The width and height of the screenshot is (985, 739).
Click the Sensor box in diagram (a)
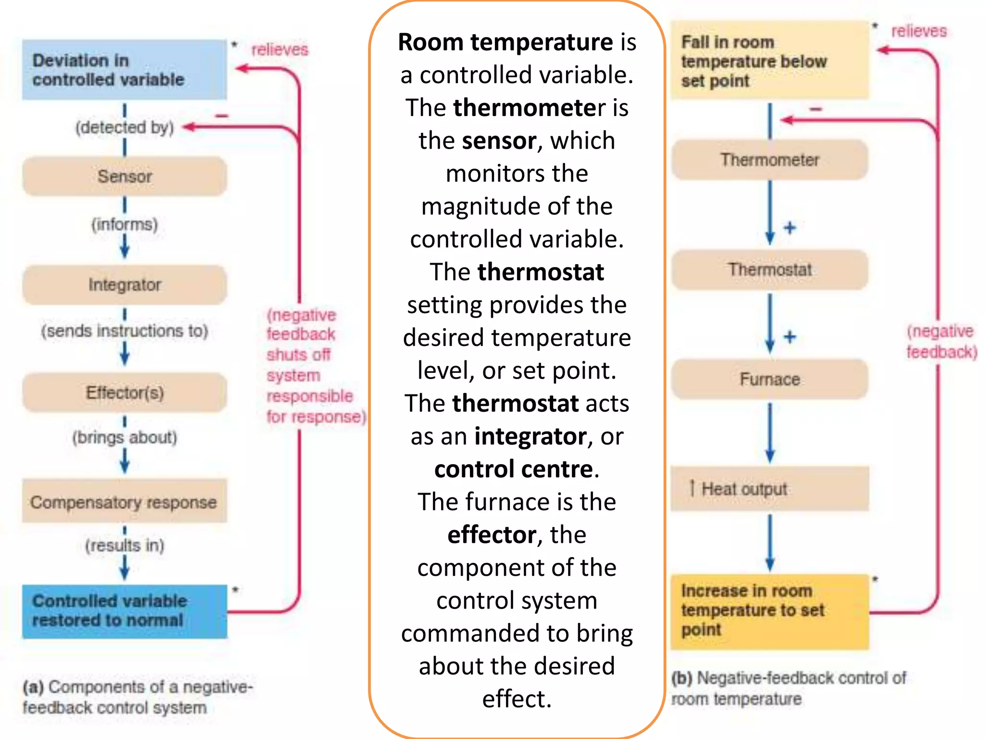125,176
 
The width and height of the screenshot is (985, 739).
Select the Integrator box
125,285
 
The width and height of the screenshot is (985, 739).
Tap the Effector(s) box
125,393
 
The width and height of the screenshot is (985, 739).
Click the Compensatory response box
124,501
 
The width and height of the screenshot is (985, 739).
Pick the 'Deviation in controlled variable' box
124,70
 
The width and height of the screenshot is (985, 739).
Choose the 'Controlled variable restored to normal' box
124,611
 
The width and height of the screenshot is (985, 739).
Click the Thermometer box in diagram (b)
770,160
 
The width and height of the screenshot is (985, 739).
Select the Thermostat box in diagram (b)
770,269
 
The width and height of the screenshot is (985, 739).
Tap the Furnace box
770,379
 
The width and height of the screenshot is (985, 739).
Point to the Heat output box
770,489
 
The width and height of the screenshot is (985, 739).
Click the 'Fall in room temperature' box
770,61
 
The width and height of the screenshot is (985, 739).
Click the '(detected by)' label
125,127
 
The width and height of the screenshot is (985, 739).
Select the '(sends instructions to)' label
125,331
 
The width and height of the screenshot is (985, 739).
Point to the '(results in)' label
125,545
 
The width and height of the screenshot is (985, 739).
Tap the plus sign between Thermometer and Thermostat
790,228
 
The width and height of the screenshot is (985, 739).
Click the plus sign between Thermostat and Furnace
790,337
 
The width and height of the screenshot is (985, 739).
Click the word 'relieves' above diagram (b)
919,31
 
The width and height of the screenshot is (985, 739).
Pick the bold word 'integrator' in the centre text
530,436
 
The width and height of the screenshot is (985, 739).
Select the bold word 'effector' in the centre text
492,535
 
